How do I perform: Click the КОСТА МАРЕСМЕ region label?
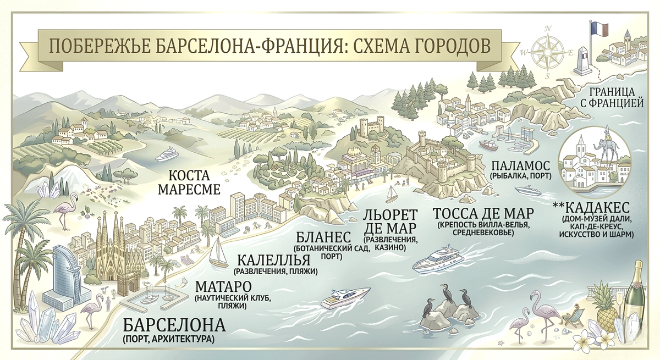tap(189, 182)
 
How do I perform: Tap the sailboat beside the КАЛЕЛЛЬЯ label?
tap(219, 252)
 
